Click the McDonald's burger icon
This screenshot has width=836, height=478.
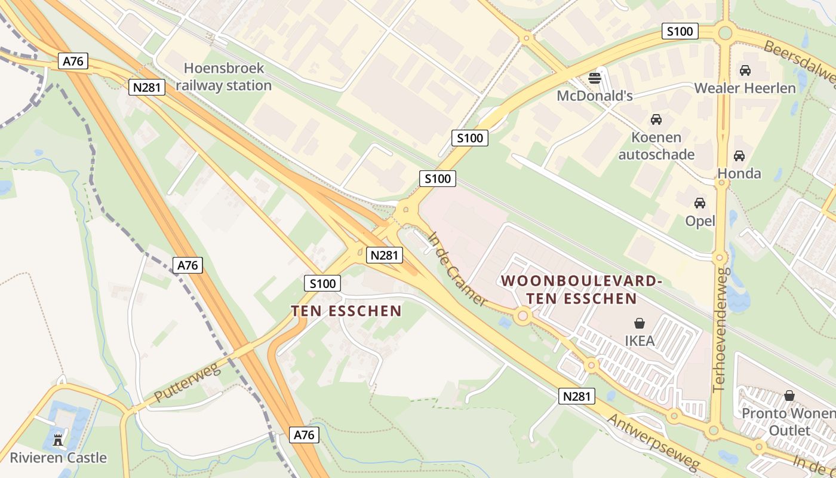click(595, 78)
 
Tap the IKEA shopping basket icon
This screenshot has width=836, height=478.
click(640, 323)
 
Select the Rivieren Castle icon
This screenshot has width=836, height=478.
click(58, 440)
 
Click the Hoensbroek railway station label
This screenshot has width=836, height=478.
click(224, 76)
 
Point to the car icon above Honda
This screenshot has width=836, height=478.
click(739, 156)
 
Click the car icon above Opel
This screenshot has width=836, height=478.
click(700, 203)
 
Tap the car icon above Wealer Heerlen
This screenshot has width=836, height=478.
click(745, 71)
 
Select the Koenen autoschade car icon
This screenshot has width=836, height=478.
click(656, 119)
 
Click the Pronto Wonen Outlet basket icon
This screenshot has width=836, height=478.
click(789, 396)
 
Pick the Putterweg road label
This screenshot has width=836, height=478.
click(187, 382)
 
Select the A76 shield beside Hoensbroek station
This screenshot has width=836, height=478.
click(74, 61)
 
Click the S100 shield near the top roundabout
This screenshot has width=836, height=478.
click(680, 31)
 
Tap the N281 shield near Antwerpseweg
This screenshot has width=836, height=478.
click(577, 396)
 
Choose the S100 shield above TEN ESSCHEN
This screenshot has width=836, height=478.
click(322, 283)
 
